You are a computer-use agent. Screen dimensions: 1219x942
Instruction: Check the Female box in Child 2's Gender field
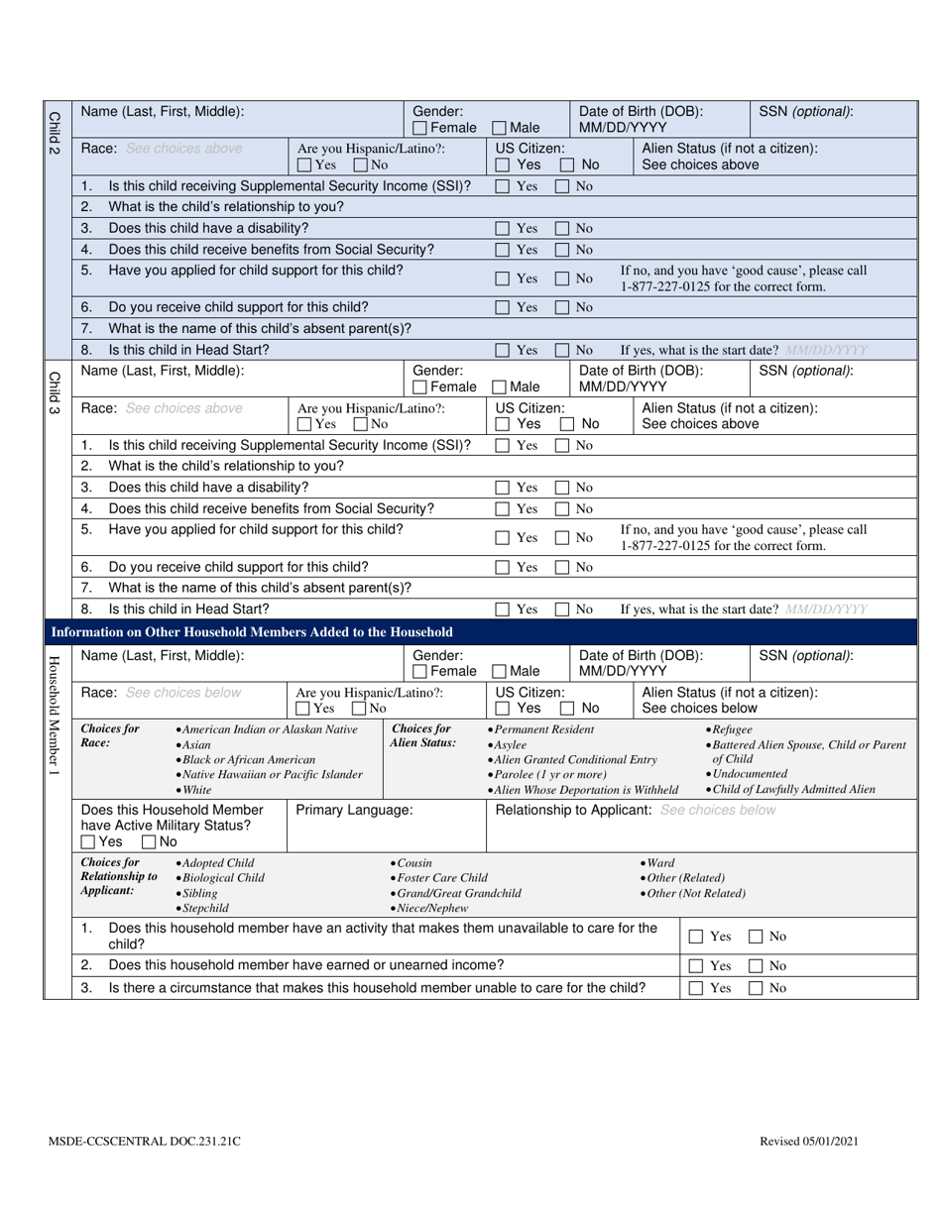point(420,128)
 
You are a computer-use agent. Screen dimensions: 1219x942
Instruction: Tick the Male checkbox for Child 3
point(500,388)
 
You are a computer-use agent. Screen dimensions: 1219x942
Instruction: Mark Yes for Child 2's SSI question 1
point(503,186)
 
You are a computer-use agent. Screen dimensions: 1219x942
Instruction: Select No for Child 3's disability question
point(562,488)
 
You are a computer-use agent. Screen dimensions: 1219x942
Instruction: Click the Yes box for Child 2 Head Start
point(503,350)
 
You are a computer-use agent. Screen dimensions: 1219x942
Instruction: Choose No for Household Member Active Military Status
point(149,842)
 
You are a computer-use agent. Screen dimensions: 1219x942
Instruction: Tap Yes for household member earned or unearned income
point(696,966)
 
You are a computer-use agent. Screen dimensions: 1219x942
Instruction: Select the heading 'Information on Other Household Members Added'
point(252,632)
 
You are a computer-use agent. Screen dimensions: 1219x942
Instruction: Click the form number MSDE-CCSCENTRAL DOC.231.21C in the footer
point(144,1142)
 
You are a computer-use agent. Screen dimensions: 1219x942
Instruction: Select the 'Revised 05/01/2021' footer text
point(809,1142)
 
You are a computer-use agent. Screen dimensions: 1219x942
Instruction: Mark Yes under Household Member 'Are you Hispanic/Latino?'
point(302,709)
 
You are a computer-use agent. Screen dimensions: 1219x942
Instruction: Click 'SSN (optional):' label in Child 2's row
point(805,112)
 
